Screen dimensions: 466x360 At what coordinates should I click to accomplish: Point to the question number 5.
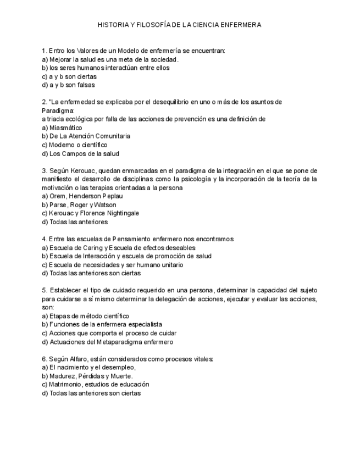click(x=44, y=290)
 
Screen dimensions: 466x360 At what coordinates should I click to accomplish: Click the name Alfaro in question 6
click(x=79, y=358)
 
